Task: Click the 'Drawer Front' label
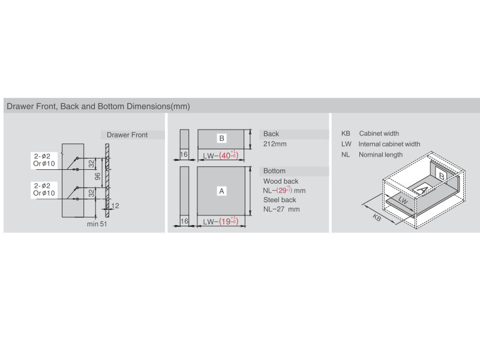click(127, 134)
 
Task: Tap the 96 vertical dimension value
click(98, 176)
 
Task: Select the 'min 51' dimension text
click(97, 224)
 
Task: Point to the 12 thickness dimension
click(115, 206)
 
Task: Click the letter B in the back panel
click(221, 139)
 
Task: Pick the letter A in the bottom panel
click(221, 191)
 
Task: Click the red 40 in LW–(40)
click(226, 155)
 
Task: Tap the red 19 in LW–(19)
click(226, 221)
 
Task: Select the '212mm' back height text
click(275, 144)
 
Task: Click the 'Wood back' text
click(281, 181)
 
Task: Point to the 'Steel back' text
click(280, 200)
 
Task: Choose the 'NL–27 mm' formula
click(281, 209)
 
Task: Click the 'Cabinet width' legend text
click(379, 133)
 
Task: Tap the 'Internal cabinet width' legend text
click(389, 144)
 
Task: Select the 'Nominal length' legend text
click(380, 155)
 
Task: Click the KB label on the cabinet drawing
click(377, 218)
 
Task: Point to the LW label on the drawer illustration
click(403, 200)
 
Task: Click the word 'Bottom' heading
click(274, 171)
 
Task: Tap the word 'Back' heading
click(271, 134)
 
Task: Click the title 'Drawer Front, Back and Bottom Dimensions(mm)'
click(98, 106)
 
